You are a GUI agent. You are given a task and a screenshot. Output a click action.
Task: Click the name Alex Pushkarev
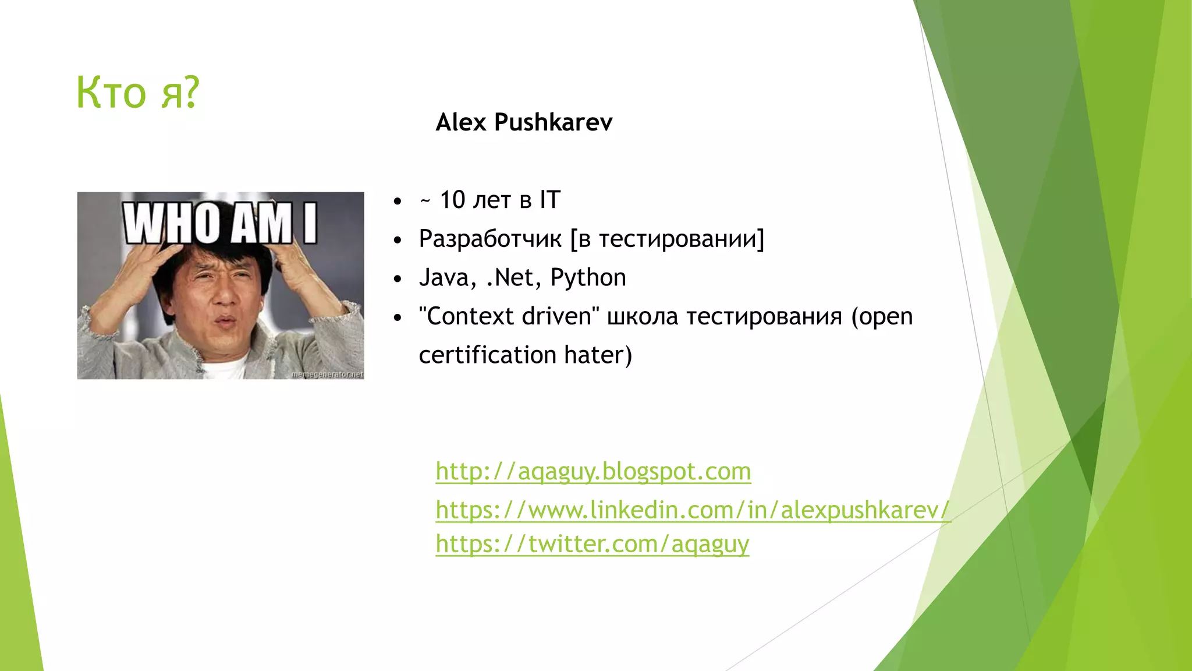(524, 122)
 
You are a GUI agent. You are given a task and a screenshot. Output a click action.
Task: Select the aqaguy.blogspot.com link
(593, 471)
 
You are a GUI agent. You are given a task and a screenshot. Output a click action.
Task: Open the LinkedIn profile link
(693, 510)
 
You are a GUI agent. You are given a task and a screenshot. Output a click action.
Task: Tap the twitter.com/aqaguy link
(592, 544)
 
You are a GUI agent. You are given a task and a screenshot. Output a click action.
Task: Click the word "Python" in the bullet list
(588, 278)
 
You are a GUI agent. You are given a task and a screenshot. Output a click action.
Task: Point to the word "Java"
(444, 278)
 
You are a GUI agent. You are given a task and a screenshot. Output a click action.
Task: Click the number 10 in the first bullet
(452, 200)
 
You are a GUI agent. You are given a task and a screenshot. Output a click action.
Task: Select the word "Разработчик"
(490, 239)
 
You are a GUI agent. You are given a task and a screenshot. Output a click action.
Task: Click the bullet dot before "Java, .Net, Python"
(398, 279)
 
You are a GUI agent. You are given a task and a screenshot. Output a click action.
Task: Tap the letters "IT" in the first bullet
(549, 200)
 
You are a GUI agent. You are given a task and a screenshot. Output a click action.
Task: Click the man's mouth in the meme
(227, 322)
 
